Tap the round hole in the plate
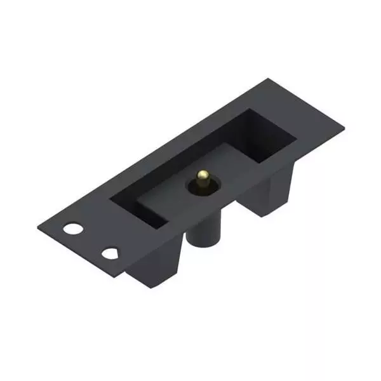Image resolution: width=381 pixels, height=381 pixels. tap(74, 229)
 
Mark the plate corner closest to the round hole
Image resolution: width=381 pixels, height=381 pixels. tap(38, 224)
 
